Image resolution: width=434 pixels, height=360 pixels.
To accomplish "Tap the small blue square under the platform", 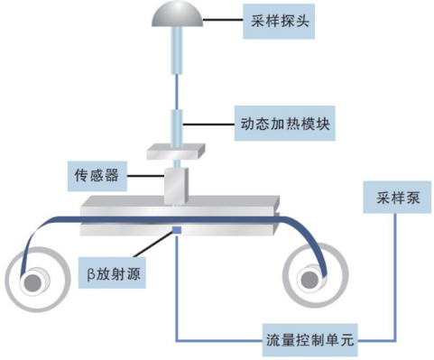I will click(x=178, y=232).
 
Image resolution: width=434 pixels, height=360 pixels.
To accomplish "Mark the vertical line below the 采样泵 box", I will click(x=392, y=271).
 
